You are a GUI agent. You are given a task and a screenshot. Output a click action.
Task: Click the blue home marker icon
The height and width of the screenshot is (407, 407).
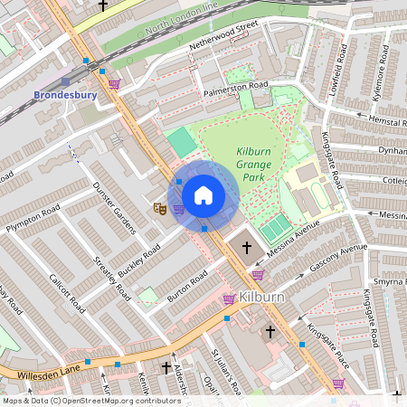(x=203, y=194)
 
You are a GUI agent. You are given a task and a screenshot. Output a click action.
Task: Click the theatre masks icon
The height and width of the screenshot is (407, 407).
(x=159, y=208)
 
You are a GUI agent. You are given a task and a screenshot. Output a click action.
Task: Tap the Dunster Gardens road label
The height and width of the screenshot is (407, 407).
(x=113, y=207)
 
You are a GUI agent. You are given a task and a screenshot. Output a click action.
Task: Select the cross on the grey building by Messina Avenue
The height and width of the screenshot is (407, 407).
(x=245, y=246)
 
